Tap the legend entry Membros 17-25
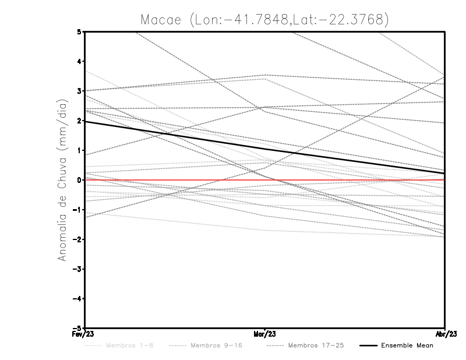[315, 345]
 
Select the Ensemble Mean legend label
[407, 345]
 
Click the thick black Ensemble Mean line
[175, 135]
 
